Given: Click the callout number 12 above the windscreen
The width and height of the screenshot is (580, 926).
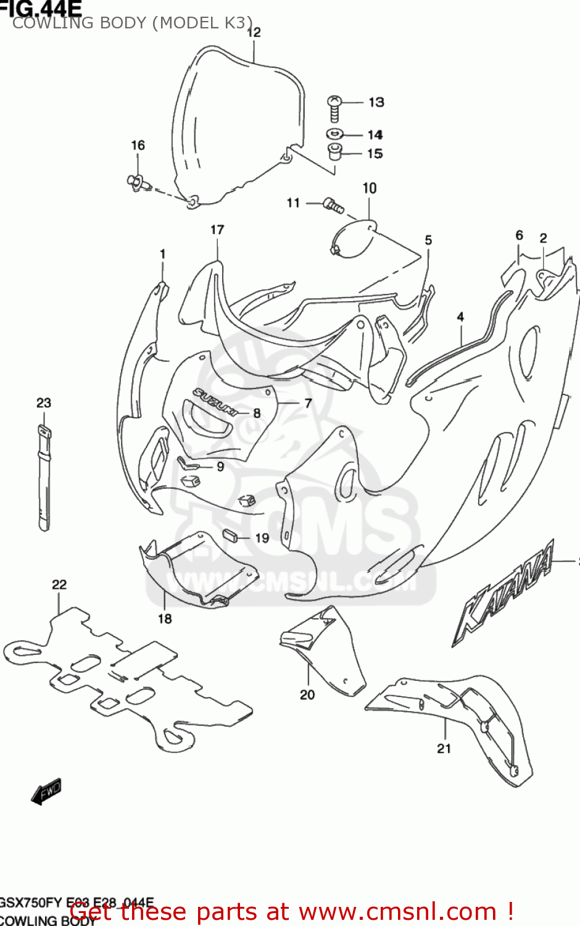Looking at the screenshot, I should click(x=254, y=32).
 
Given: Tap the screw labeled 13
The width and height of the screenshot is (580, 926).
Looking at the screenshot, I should click(x=334, y=109).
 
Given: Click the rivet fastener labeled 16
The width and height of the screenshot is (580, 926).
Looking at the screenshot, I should click(x=136, y=182).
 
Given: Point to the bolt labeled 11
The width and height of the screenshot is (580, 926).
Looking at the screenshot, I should click(x=334, y=206).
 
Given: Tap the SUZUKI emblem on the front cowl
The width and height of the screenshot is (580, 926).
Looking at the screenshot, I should click(x=215, y=402).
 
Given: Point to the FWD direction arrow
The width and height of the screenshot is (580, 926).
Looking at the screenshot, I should click(x=46, y=791).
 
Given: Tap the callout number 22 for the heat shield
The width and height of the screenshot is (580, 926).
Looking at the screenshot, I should click(x=59, y=585).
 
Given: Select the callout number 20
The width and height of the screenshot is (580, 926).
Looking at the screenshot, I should click(x=307, y=695).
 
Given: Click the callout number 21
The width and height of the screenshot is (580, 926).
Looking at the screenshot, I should click(x=444, y=749).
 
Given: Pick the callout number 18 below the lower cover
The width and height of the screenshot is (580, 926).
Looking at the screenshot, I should click(x=165, y=619).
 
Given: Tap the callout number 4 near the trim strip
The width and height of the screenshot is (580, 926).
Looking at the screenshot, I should click(x=460, y=317).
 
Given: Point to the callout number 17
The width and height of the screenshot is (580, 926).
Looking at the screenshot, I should click(x=217, y=230).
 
